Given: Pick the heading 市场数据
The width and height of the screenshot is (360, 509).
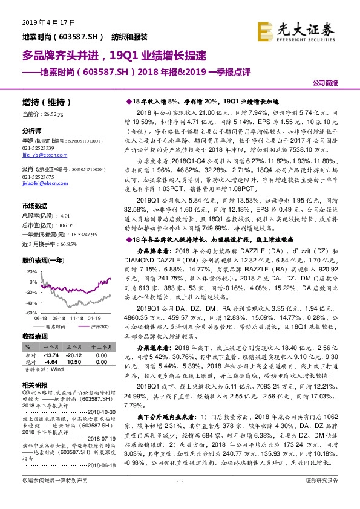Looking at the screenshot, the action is point(34,206).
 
